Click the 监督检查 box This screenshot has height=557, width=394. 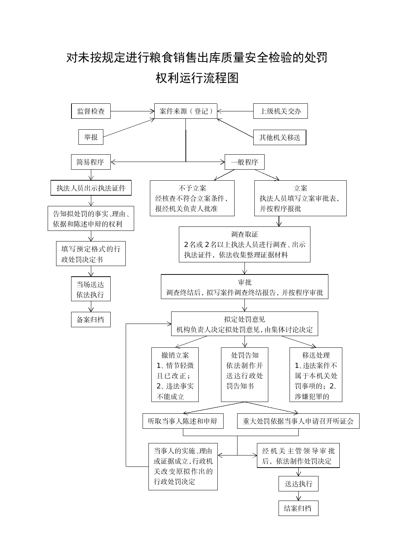coord(91,111)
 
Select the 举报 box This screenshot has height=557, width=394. coord(91,137)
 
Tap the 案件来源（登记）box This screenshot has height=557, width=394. coord(185,111)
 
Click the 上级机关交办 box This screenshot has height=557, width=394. coord(280,111)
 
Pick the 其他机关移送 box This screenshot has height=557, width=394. coord(280,137)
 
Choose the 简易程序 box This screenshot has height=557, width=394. coord(91,162)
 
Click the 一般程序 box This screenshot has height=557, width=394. coord(244,162)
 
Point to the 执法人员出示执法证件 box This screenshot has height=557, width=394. coord(91,188)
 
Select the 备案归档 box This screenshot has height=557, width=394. coord(91,320)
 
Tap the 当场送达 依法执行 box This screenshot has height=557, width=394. coord(91,289)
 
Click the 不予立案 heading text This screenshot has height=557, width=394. coord(192,188)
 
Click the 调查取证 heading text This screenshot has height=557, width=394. coord(244,234)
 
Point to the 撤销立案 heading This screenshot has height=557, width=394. coord(175,355)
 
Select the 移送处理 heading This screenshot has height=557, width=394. coord(316,355)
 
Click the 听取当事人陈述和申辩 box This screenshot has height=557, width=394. coord(183,421)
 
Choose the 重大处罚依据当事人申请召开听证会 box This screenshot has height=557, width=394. coord(298,421)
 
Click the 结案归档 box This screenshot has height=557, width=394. coord(298,508)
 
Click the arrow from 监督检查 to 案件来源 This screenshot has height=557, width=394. coord(133,111)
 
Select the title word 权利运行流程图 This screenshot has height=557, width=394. coord(197,78)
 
